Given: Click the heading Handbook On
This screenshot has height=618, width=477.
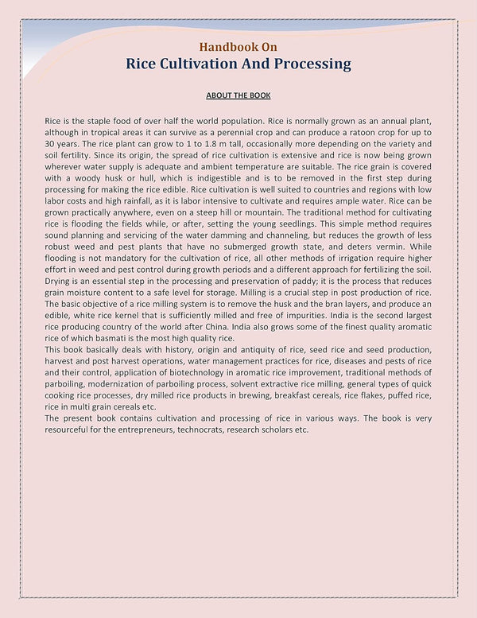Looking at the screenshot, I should coord(238,46).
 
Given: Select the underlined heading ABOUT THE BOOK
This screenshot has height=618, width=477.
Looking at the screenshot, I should coord(238,95).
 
